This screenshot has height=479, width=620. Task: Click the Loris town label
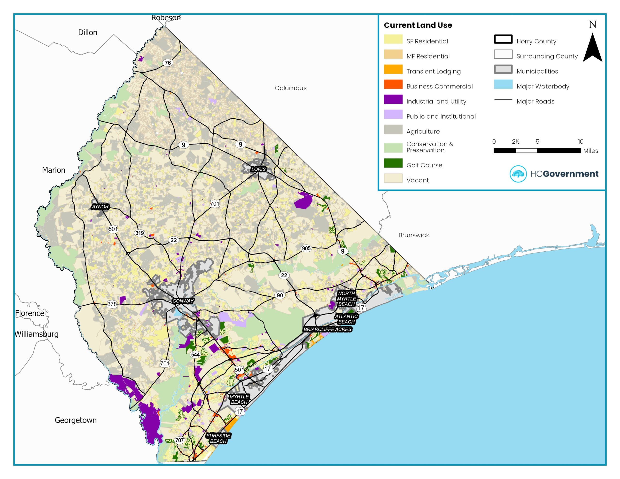[258, 169]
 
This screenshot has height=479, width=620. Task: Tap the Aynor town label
[100, 207]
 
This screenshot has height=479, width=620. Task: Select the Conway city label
[183, 301]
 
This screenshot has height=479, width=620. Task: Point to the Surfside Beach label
[218, 438]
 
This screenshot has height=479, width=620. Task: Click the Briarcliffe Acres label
[327, 329]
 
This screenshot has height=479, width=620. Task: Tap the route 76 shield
[168, 63]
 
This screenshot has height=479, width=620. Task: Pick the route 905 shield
[306, 248]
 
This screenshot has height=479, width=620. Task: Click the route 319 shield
[139, 233]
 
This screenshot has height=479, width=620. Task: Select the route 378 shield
[112, 304]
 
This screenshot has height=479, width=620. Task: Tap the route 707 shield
[179, 440]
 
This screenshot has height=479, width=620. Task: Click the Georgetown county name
[76, 420]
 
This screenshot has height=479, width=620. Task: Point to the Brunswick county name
[413, 235]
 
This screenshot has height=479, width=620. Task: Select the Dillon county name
[87, 32]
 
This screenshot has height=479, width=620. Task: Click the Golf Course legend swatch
[393, 163]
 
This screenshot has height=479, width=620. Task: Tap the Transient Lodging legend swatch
[393, 69]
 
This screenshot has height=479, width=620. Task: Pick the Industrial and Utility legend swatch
[393, 99]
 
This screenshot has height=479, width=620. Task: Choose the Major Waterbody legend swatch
[503, 84]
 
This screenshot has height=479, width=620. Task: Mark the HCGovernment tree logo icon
[518, 174]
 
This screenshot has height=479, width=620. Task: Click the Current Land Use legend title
[418, 25]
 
